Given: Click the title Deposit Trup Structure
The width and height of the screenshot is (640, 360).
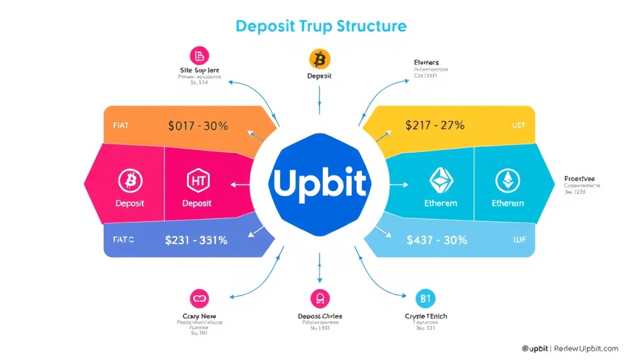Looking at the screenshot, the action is pyautogui.click(x=321, y=26).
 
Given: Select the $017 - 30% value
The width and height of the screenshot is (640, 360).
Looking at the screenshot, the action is pyautogui.click(x=198, y=126).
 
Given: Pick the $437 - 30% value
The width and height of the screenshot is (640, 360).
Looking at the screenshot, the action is pyautogui.click(x=436, y=239).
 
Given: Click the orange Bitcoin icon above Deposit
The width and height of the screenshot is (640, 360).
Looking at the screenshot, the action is pyautogui.click(x=319, y=59).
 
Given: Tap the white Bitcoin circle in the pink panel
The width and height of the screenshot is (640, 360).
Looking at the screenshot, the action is pyautogui.click(x=130, y=181).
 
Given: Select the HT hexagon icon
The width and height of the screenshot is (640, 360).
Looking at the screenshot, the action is pyautogui.click(x=196, y=181).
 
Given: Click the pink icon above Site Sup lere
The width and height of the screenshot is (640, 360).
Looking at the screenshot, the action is pyautogui.click(x=199, y=56).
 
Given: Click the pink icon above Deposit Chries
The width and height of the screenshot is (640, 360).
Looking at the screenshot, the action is pyautogui.click(x=319, y=298).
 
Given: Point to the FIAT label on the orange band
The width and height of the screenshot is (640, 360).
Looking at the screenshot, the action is pyautogui.click(x=122, y=125).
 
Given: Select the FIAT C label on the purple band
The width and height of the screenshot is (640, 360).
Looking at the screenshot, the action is pyautogui.click(x=124, y=239).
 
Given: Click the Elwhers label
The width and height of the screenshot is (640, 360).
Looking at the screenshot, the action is pyautogui.click(x=426, y=62).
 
